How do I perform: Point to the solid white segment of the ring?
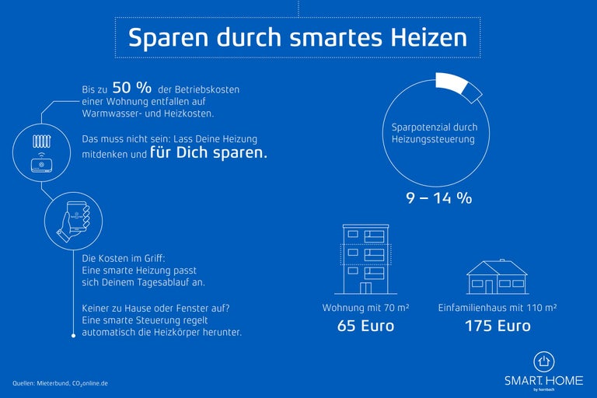[450, 81]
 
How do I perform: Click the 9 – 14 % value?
[439, 197]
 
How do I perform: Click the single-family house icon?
[497, 278]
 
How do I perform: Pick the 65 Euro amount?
[365, 326]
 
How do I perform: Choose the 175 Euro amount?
[497, 326]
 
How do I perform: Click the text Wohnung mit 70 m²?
[365, 308]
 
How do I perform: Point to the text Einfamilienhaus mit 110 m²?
[497, 308]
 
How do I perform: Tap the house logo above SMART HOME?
[543, 361]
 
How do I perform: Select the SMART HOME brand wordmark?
[543, 380]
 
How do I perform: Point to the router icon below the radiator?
[41, 165]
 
